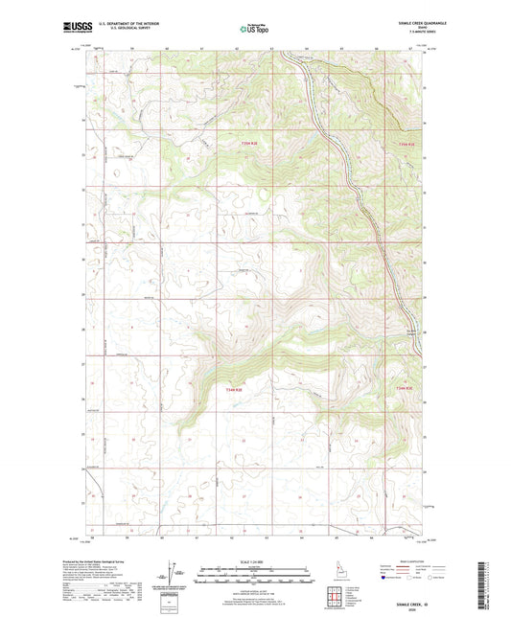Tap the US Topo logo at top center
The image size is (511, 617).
point(254,30)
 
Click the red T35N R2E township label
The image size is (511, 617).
point(249,144)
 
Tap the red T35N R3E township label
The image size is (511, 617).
point(407,144)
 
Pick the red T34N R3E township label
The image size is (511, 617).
point(406,388)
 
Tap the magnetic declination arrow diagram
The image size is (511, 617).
point(171,574)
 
